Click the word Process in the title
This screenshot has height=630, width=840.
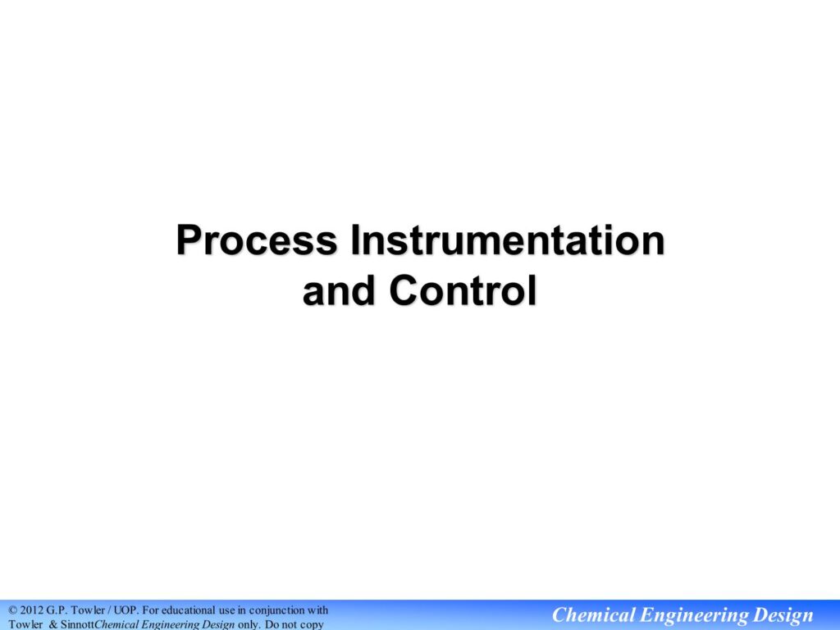click(x=257, y=240)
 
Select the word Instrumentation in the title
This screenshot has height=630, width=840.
click(x=507, y=240)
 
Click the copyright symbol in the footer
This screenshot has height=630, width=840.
click(x=13, y=610)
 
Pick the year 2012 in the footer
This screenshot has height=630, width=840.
click(x=32, y=610)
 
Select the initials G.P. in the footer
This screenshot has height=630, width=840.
click(x=57, y=610)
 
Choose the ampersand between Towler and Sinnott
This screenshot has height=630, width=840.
click(x=53, y=624)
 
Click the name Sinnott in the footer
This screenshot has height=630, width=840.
click(x=77, y=624)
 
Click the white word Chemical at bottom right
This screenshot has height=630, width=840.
click(x=593, y=615)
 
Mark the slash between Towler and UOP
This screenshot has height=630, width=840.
click(x=111, y=610)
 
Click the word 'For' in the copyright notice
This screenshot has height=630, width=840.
click(x=151, y=610)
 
